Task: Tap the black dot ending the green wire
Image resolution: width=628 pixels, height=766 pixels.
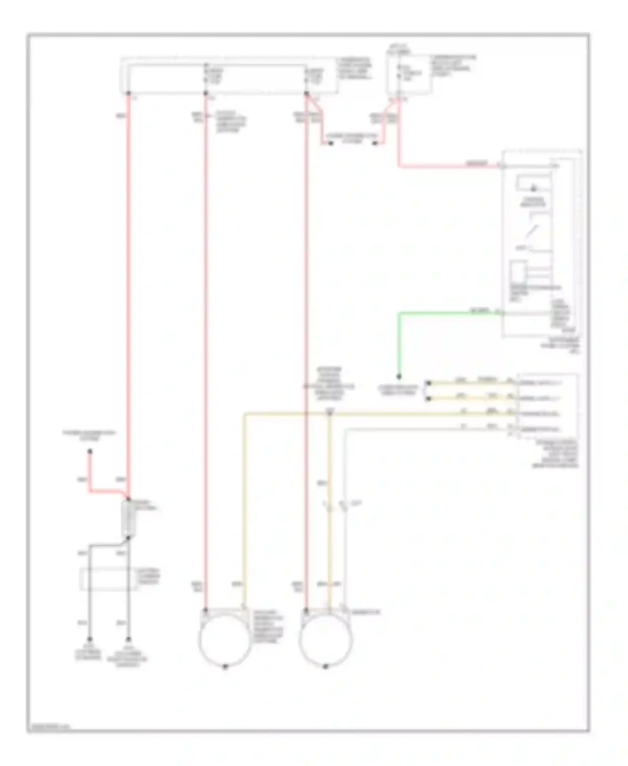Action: (399, 377)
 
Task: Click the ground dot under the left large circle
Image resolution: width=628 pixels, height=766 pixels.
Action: (225, 667)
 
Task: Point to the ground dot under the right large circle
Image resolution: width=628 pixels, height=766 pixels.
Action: (325, 667)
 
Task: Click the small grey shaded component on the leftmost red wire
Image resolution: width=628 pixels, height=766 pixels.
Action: (128, 518)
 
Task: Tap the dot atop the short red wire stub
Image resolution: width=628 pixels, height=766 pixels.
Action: (90, 451)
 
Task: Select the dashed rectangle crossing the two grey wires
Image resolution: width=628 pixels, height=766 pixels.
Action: (108, 579)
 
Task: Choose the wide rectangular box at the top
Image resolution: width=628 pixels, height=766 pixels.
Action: (228, 76)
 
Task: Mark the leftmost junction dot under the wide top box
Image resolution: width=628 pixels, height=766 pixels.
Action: (129, 93)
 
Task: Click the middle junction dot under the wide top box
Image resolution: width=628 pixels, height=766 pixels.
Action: (206, 93)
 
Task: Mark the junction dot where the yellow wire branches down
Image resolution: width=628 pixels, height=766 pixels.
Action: (329, 414)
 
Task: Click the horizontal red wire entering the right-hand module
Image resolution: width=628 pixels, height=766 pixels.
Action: (448, 166)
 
